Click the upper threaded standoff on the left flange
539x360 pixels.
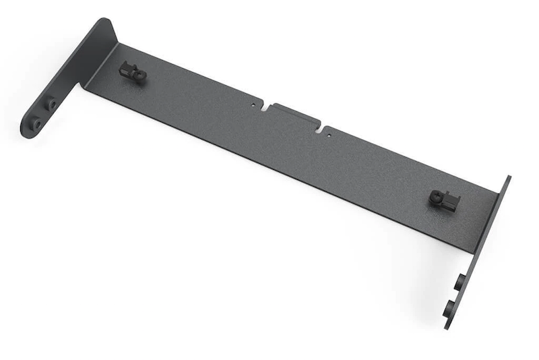(50, 104)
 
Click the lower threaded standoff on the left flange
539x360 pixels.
(36, 124)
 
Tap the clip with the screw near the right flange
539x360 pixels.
(445, 199)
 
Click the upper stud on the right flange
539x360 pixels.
(459, 281)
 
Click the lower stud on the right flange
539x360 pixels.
(448, 309)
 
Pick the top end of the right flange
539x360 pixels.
(507, 177)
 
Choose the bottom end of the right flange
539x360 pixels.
(446, 327)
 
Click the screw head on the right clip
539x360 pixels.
(437, 197)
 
